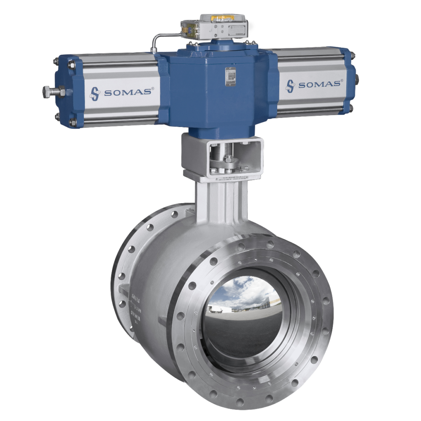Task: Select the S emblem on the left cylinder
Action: [95, 93]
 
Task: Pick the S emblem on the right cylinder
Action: [291, 86]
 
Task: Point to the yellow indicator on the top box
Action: [222, 18]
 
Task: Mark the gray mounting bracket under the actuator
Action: [222, 158]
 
